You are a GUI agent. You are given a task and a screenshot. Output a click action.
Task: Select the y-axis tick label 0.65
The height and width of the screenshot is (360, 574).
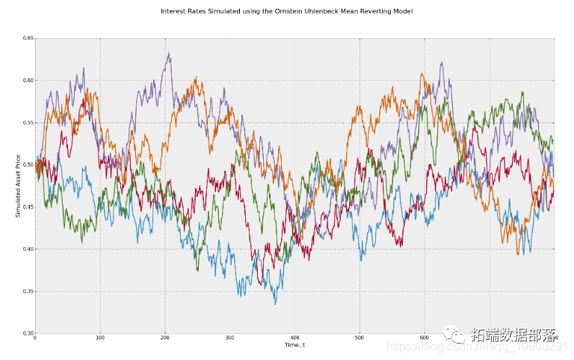pyautogui.click(x=28, y=38)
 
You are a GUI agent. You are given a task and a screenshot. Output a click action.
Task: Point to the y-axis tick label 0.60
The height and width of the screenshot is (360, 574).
pyautogui.click(x=28, y=80)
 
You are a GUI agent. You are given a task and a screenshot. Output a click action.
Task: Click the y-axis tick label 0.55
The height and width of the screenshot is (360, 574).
pyautogui.click(x=28, y=122)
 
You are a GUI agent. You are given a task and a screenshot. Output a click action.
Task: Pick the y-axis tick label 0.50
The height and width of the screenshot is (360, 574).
pyautogui.click(x=28, y=164)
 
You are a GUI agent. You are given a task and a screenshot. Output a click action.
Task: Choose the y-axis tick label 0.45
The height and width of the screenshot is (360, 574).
pyautogui.click(x=28, y=207)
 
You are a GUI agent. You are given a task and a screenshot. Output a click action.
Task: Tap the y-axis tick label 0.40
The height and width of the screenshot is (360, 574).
pyautogui.click(x=28, y=249)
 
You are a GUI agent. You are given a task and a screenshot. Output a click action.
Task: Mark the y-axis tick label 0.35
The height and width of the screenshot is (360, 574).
pyautogui.click(x=28, y=291)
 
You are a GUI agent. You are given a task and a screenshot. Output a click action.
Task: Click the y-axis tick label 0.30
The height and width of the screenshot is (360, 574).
pyautogui.click(x=28, y=333)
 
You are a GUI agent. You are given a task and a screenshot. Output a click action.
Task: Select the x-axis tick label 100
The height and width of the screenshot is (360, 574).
pyautogui.click(x=100, y=338)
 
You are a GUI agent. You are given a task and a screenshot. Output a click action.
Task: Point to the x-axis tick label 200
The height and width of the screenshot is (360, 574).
pyautogui.click(x=164, y=338)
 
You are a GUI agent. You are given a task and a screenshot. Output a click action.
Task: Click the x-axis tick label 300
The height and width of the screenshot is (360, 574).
pyautogui.click(x=229, y=338)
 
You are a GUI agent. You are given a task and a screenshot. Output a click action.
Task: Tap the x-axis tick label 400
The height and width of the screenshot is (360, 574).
pyautogui.click(x=294, y=338)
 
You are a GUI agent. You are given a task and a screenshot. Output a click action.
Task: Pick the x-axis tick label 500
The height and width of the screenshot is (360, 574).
pyautogui.click(x=359, y=338)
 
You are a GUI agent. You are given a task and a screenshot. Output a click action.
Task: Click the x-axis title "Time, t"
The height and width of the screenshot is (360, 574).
pyautogui.click(x=294, y=345)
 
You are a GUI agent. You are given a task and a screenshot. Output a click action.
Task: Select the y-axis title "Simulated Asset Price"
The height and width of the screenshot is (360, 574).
pyautogui.click(x=18, y=185)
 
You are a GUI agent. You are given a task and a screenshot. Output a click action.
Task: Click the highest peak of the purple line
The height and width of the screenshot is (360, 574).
pyautogui.click(x=169, y=53)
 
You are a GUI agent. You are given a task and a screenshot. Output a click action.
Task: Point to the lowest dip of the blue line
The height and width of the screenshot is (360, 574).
pyautogui.click(x=274, y=304)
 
